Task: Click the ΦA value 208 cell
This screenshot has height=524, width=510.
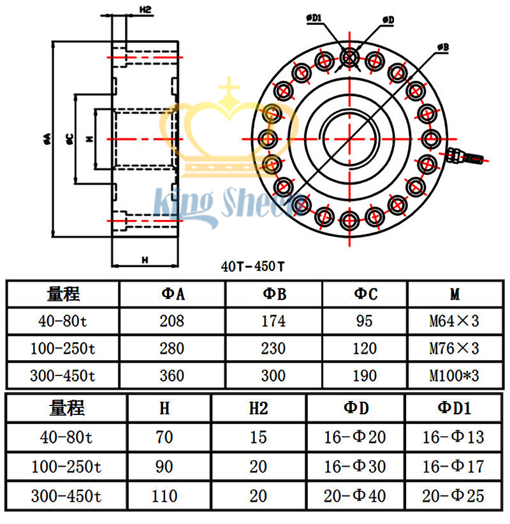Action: click(x=172, y=321)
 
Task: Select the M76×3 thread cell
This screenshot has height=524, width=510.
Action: click(x=453, y=348)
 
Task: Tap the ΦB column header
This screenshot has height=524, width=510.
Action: click(x=273, y=294)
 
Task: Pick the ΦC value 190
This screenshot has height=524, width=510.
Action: click(x=365, y=375)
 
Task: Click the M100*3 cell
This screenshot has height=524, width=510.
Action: click(x=453, y=375)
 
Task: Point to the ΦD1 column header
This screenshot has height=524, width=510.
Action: click(x=454, y=409)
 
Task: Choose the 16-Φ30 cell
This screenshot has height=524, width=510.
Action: click(x=354, y=467)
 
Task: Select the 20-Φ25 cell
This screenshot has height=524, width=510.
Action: click(x=454, y=495)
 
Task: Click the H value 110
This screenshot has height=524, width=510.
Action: click(x=164, y=495)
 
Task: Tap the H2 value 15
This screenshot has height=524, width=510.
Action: click(x=258, y=437)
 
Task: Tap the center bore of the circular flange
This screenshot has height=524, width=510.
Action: click(x=349, y=138)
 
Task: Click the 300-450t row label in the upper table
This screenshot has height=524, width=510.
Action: click(x=62, y=375)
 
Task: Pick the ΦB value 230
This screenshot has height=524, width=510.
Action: click(x=273, y=348)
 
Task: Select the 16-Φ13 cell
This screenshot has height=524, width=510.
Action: click(x=454, y=437)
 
